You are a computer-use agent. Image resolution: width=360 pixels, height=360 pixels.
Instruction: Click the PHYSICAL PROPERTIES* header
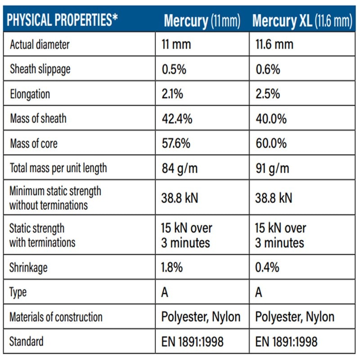coord(62,20)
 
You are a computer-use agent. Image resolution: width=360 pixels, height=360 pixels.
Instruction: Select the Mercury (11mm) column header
coord(202,21)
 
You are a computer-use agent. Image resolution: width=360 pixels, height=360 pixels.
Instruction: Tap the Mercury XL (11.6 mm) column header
coord(302,21)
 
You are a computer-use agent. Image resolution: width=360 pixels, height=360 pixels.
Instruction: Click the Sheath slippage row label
coord(40,69)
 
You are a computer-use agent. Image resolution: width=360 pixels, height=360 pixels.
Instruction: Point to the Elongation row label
coord(30,94)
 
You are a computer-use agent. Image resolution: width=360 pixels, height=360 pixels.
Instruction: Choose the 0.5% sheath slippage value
coord(174,69)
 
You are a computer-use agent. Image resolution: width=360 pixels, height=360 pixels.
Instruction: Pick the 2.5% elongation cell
coord(268,94)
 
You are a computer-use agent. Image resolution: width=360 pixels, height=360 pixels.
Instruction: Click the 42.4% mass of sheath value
coord(177,119)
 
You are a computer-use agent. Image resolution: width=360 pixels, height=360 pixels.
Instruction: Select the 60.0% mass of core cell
coord(271,143)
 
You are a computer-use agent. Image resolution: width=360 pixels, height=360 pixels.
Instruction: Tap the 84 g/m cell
coord(180,168)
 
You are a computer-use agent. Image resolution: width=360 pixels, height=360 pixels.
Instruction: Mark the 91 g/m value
coord(273,168)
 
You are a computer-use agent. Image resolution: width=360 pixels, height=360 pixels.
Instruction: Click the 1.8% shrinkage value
coord(172,267)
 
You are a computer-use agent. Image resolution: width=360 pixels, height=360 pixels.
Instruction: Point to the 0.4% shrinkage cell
coord(267,267)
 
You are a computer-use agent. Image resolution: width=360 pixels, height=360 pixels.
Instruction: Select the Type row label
coord(18,292)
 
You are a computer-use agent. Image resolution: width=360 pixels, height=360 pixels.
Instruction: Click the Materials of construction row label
coord(56,317)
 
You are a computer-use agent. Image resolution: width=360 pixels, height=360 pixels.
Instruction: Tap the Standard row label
coord(26,342)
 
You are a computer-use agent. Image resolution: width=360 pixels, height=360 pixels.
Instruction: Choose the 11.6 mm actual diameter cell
coord(274,44)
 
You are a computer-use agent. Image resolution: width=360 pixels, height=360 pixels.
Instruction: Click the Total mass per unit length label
coord(58,168)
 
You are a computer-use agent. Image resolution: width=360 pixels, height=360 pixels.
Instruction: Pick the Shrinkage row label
coord(28,268)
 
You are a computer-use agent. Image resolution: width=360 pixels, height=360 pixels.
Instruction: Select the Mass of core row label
coord(34,144)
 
